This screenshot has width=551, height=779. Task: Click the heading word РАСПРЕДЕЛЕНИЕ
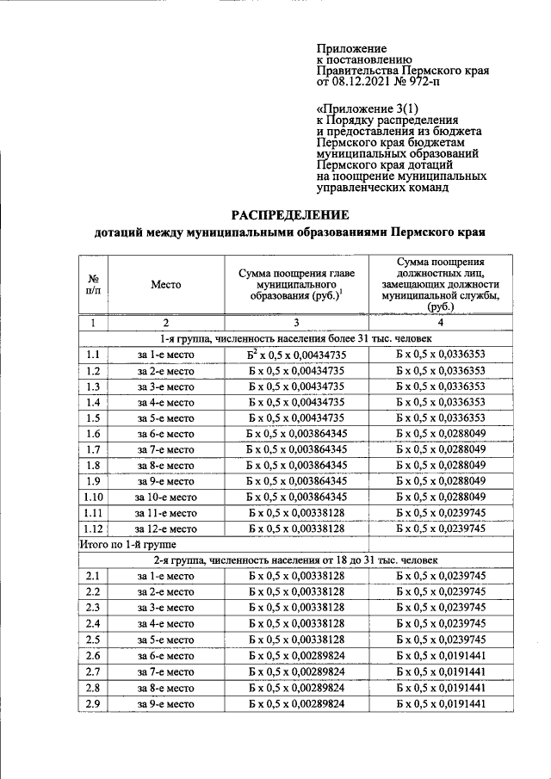288,214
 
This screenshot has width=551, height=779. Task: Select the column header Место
166,284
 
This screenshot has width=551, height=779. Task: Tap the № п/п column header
93,284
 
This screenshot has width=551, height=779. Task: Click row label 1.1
93,355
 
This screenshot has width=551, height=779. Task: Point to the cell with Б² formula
296,355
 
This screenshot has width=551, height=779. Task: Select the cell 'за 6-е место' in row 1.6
166,434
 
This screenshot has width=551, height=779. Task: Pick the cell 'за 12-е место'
166,529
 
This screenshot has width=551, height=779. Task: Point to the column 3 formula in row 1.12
296,529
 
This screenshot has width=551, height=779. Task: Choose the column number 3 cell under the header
296,323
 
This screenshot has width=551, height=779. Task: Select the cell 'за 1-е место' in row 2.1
166,576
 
